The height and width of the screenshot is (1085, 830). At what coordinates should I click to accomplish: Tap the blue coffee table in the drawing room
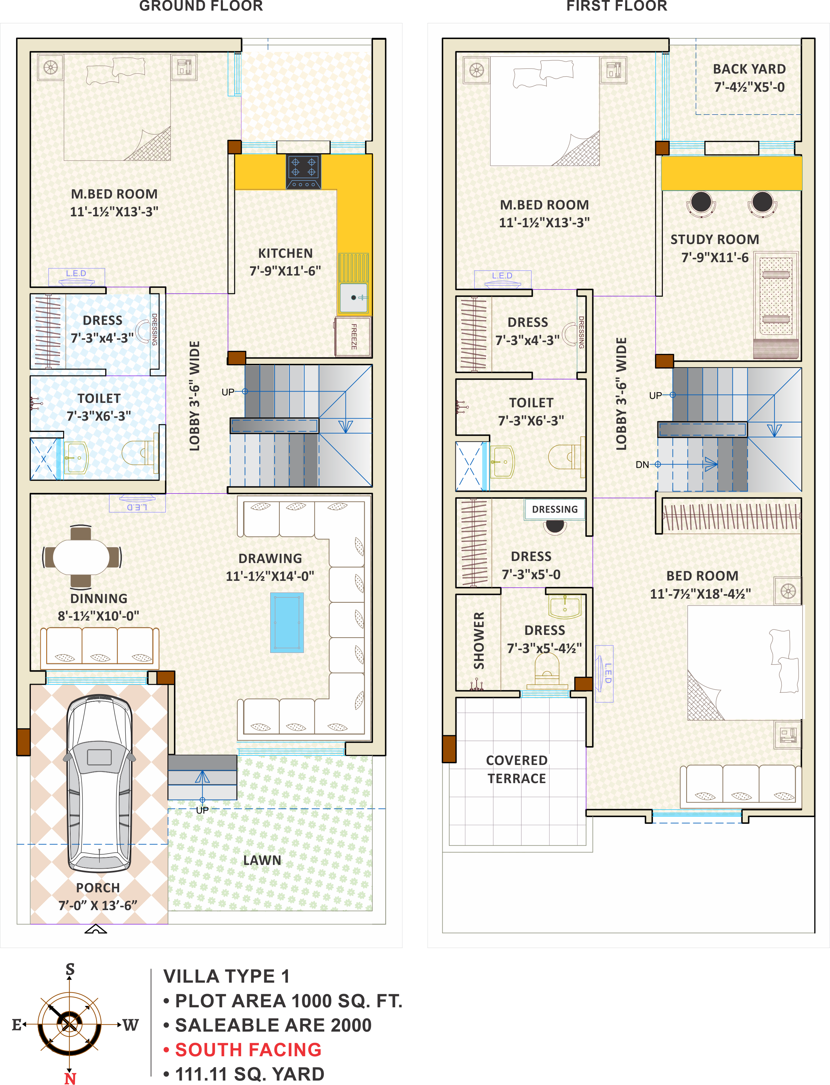(x=287, y=622)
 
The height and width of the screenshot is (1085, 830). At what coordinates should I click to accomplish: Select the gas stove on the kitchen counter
(x=303, y=171)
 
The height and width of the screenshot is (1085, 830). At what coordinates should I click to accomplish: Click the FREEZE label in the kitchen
(x=354, y=336)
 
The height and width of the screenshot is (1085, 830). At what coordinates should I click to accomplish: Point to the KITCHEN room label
(x=286, y=253)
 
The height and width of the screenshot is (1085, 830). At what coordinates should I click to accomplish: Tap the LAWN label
(x=262, y=860)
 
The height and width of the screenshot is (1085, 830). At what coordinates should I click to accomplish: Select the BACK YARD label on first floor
(x=749, y=69)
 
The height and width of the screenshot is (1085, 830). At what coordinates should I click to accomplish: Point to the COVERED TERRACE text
(x=517, y=769)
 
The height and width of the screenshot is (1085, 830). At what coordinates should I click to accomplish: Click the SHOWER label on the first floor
(x=479, y=640)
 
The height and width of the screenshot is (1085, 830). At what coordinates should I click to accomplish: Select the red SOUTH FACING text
(x=249, y=1049)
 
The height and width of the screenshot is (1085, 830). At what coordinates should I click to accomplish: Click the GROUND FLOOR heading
(x=201, y=6)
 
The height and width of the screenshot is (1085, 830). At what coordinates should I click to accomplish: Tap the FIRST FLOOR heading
(x=617, y=6)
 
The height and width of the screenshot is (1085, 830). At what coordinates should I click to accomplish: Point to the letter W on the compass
(x=130, y=1025)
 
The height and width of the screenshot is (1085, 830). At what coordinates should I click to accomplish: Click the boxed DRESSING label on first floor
(x=555, y=509)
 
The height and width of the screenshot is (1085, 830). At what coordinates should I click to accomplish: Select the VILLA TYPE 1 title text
(x=226, y=976)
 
